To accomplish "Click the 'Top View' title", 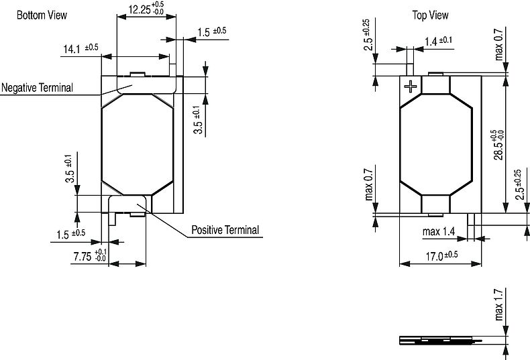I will (430, 15).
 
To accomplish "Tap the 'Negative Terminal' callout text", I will (37, 88).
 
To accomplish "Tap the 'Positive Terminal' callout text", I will (225, 230).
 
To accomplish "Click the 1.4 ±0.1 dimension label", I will (439, 41).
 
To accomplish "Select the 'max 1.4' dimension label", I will (439, 233).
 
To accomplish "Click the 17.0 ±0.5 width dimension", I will (441, 255).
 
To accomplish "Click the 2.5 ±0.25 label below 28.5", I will (517, 184).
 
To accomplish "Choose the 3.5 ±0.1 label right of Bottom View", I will (198, 120).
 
